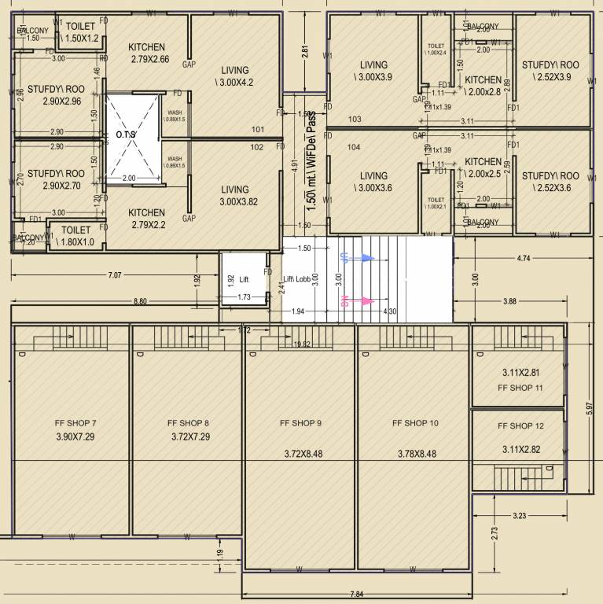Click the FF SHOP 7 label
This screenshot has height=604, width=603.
click(x=76, y=423)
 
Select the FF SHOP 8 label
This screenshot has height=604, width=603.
click(x=189, y=423)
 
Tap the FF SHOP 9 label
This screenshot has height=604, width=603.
click(x=301, y=423)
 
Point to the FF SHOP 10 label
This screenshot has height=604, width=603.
click(x=414, y=423)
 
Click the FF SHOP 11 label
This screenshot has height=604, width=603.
click(x=520, y=389)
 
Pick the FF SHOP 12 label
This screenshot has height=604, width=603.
click(x=520, y=426)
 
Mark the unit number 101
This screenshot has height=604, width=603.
click(x=258, y=130)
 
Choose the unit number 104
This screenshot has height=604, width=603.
click(x=354, y=148)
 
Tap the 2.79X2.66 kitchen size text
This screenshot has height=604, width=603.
click(x=149, y=59)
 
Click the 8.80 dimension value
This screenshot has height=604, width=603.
click(x=142, y=301)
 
